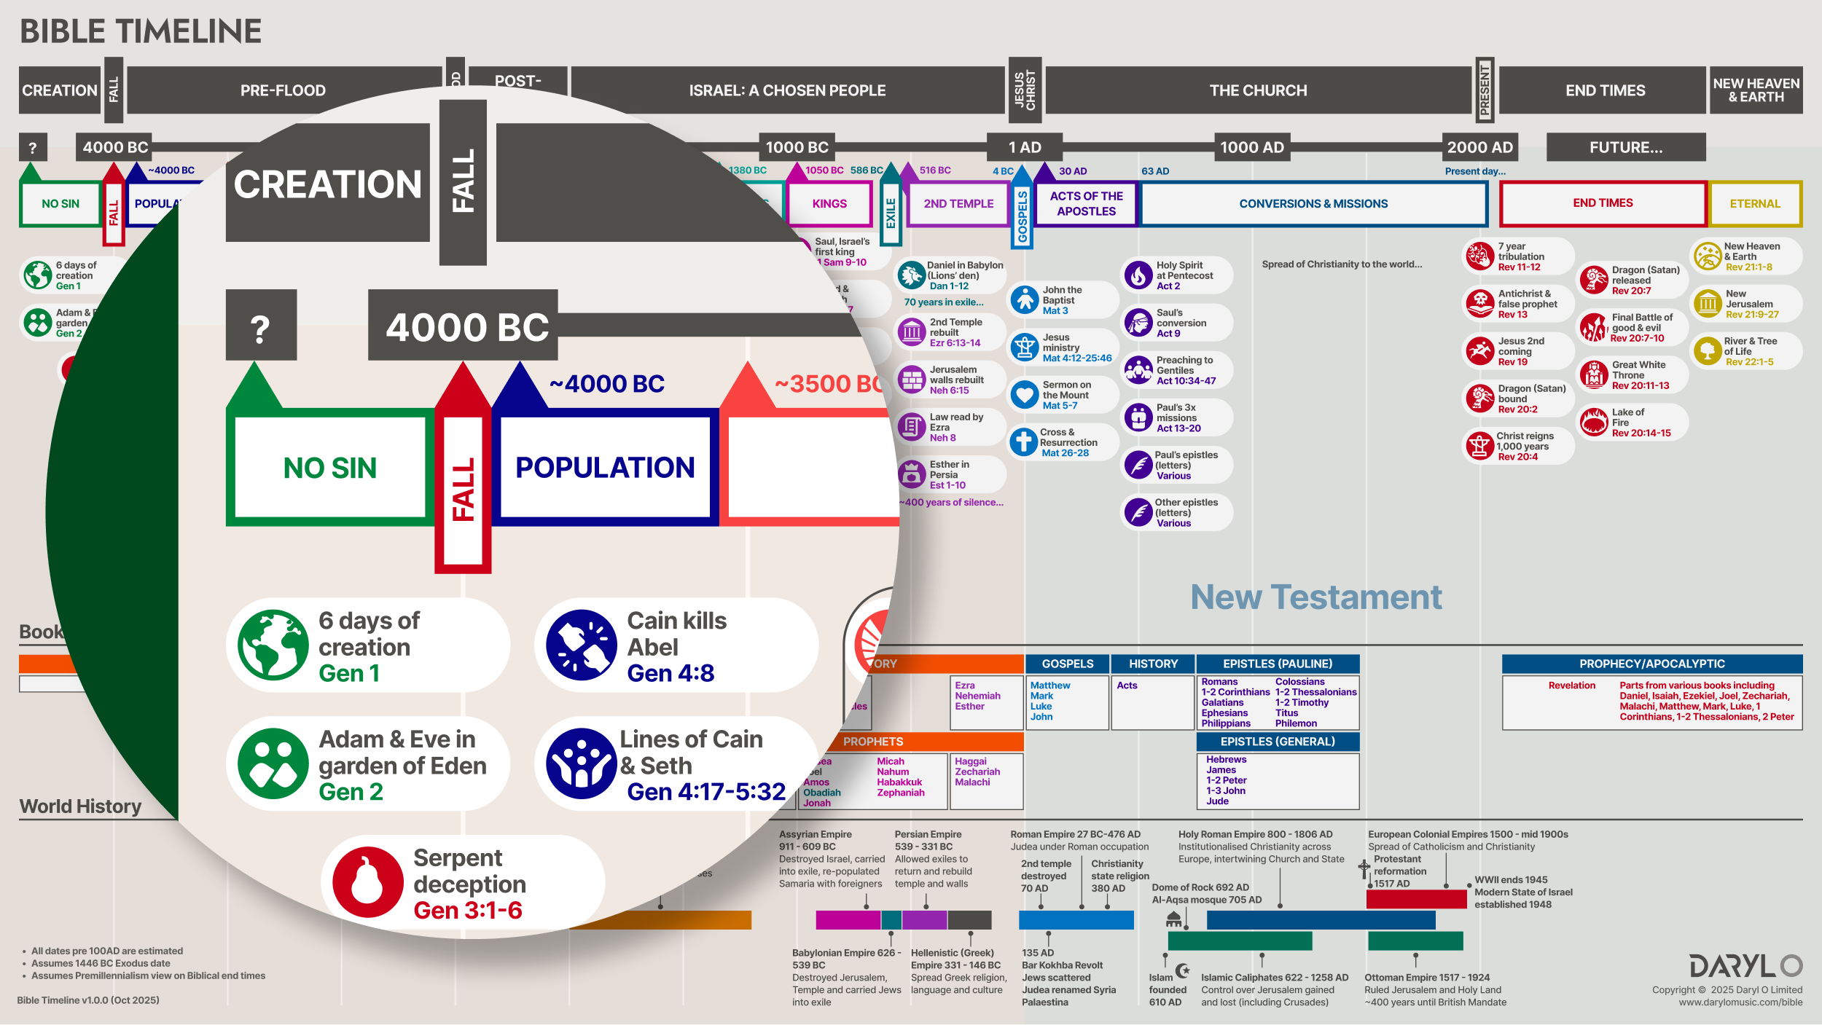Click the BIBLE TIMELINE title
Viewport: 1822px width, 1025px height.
[x=141, y=31]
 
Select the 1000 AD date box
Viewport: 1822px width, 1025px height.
[x=1251, y=147]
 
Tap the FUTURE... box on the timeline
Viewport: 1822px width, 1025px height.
[x=1625, y=147]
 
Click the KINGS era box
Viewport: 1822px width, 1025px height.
[x=829, y=204]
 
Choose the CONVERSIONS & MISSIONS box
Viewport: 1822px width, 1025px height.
[x=1313, y=204]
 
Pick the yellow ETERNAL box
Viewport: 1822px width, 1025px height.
[x=1755, y=204]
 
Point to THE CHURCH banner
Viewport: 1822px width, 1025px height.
[x=1258, y=90]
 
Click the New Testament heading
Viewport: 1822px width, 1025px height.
[x=1316, y=597]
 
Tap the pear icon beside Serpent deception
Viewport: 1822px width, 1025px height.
[x=367, y=882]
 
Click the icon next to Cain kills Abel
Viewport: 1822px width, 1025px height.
[x=581, y=645]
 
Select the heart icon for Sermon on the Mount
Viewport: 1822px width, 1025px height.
[x=1025, y=395]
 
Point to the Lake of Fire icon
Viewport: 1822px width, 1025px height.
[x=1594, y=423]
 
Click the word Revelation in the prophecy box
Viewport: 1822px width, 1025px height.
[x=1571, y=686]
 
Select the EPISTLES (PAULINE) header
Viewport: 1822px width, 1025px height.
[x=1278, y=664]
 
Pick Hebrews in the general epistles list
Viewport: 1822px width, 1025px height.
[x=1226, y=759]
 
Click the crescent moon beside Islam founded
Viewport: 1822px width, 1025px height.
[x=1183, y=970]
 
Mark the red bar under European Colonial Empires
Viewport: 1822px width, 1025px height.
[x=1416, y=899]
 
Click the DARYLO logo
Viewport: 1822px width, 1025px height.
[x=1745, y=966]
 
